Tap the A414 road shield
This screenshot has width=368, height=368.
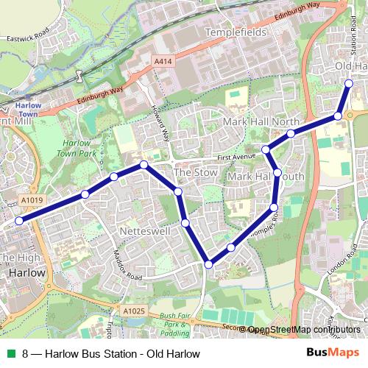(x=164, y=63)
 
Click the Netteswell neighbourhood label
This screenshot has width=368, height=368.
(x=143, y=230)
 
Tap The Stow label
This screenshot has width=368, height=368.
(x=192, y=172)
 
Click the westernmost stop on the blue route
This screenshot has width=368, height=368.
(x=18, y=221)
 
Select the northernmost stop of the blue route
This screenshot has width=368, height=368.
(x=349, y=83)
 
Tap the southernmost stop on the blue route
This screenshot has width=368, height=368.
(x=209, y=264)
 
